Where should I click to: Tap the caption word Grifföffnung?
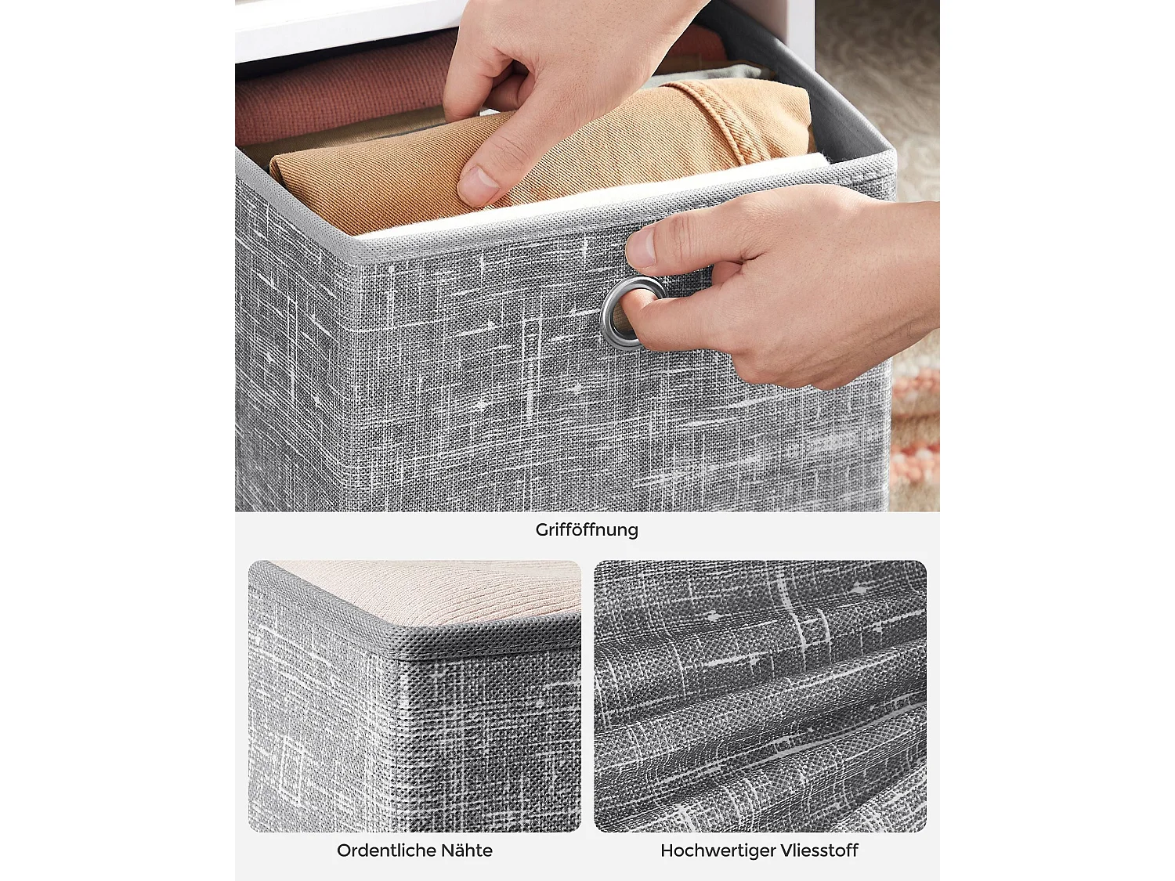tap(587, 529)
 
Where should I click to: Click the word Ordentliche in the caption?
tap(386, 850)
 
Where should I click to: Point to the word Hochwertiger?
tap(717, 850)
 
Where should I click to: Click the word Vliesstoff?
tap(819, 850)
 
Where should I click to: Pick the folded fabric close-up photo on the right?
tap(760, 696)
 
